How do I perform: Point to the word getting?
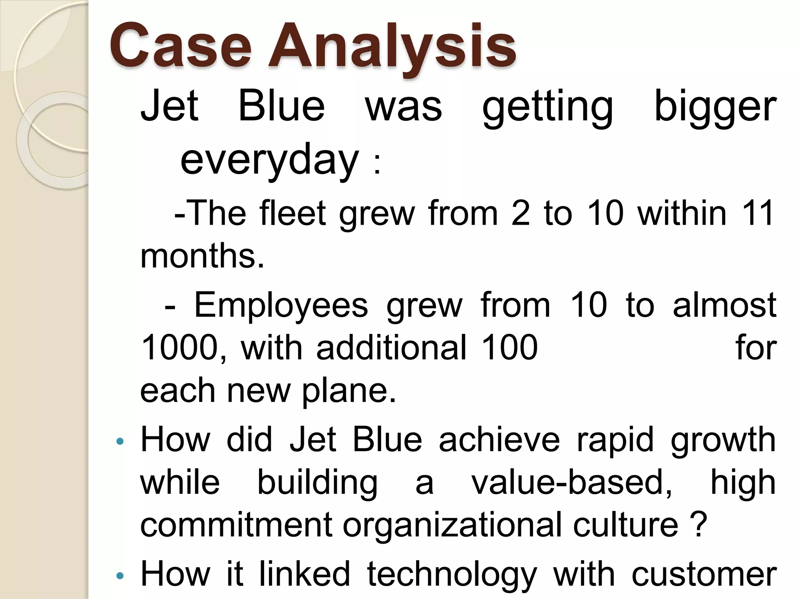[547, 107]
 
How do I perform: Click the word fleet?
[293, 213]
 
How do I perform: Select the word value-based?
[572, 483]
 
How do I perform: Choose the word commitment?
[236, 525]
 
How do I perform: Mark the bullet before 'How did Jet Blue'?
[120, 441]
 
